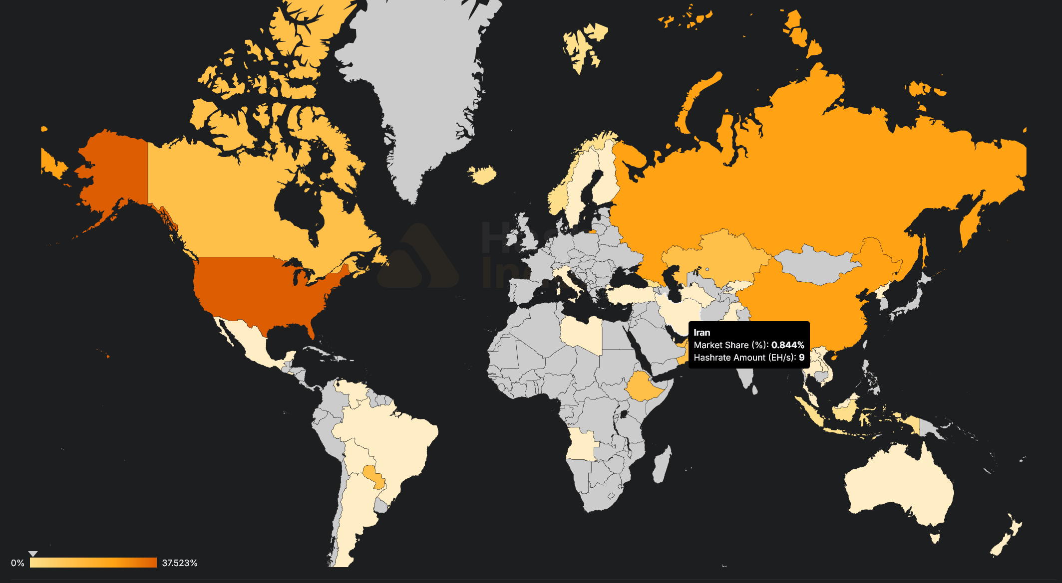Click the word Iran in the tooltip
tap(702, 333)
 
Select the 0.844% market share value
tap(787, 345)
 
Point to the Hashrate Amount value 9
tap(801, 358)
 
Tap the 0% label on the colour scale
tap(17, 563)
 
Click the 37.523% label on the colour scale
tap(180, 563)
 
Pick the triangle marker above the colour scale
tap(33, 554)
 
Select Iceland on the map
tap(482, 175)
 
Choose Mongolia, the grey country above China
tap(819, 264)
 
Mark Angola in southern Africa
tap(582, 444)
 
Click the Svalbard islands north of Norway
tap(582, 47)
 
